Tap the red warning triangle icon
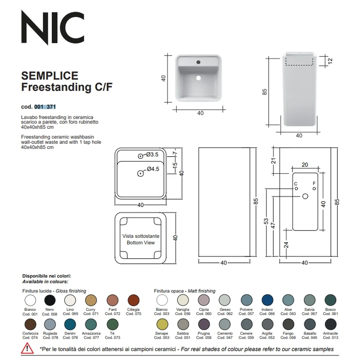pyautogui.click(x=27, y=348)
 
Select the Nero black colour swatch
pyautogui.click(x=50, y=300)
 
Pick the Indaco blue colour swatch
pyautogui.click(x=267, y=300)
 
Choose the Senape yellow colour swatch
pyautogui.click(x=162, y=324)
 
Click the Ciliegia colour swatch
pyautogui.click(x=134, y=300)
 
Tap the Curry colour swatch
pyautogui.click(x=91, y=300)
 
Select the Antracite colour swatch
pyautogui.click(x=330, y=324)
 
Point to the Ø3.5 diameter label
pyautogui.click(x=152, y=154)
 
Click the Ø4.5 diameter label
pyautogui.click(x=153, y=169)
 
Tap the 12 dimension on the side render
pyautogui.click(x=330, y=61)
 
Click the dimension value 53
pyautogui.click(x=266, y=221)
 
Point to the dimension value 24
pyautogui.click(x=286, y=245)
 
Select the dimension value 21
pyautogui.click(x=273, y=161)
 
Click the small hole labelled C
pyautogui.click(x=296, y=189)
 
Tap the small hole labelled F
pyautogui.click(x=314, y=189)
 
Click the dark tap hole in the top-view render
pyautogui.click(x=198, y=62)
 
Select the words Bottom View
pyautogui.click(x=141, y=243)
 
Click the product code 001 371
pyautogui.click(x=45, y=107)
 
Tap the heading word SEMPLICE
pyautogui.click(x=50, y=76)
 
